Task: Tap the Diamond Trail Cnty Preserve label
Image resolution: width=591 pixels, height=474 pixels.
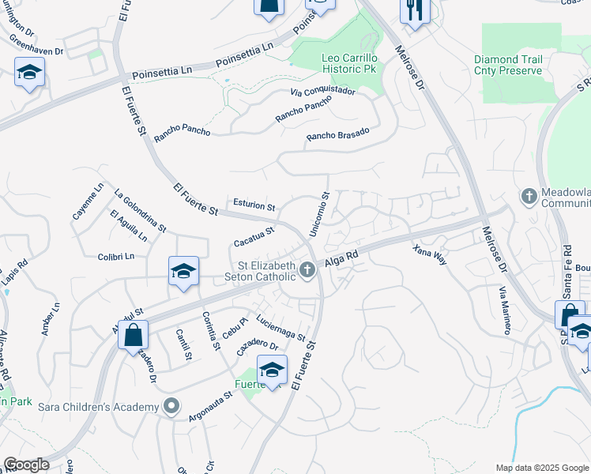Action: [x=508, y=65]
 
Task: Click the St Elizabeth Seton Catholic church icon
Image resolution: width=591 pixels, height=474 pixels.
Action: [x=308, y=271]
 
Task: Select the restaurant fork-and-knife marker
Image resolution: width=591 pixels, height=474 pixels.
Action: [x=414, y=10]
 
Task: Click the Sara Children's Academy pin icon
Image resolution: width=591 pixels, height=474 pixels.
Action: [x=171, y=407]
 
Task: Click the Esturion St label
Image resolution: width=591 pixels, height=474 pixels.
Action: [x=254, y=206]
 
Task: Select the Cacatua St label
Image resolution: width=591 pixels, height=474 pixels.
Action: [x=254, y=236]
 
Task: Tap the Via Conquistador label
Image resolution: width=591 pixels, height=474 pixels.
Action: [x=322, y=92]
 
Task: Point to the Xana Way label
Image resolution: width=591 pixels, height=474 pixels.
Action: [x=430, y=254]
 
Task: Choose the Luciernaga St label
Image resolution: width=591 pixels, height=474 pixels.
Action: [x=280, y=327]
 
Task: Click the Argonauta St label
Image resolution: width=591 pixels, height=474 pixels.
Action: [x=209, y=404]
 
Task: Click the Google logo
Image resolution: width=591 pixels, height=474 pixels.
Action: [x=26, y=464]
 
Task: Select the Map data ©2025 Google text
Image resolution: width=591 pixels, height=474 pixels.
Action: [x=541, y=468]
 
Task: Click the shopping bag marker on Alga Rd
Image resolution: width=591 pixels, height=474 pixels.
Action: [x=133, y=334]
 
